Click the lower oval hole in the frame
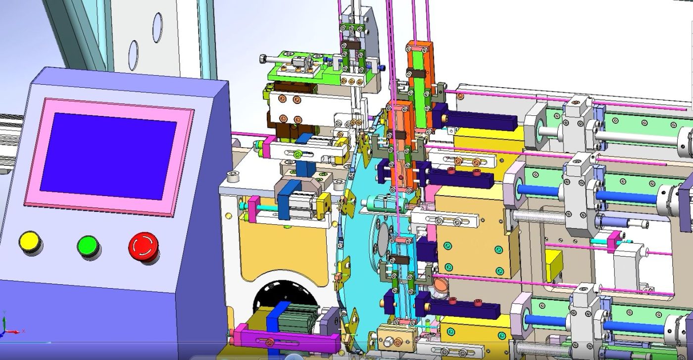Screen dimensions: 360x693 (134, 51)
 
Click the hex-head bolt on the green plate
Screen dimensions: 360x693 (263, 59)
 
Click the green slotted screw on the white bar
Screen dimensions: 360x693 (297, 155)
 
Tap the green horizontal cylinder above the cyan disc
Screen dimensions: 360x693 (384, 203)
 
